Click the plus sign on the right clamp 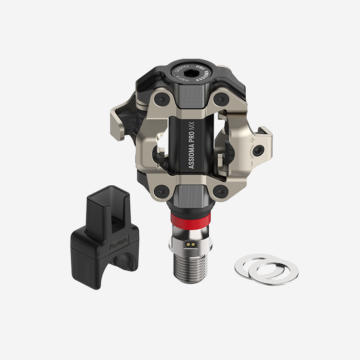tap(252, 140)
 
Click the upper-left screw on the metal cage tap(159, 101)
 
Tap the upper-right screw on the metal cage tap(222, 100)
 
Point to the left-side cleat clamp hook tap(119, 114)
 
